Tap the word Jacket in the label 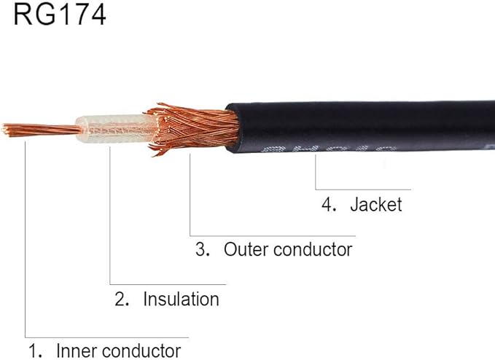pos(375,205)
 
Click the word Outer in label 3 pos(246,249)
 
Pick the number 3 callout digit pos(200,249)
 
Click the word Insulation pos(181,299)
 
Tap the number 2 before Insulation pos(121,299)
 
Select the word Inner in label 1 pos(74,350)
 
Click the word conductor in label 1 pos(140,350)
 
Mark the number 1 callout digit pos(33,350)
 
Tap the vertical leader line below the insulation pos(109,219)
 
